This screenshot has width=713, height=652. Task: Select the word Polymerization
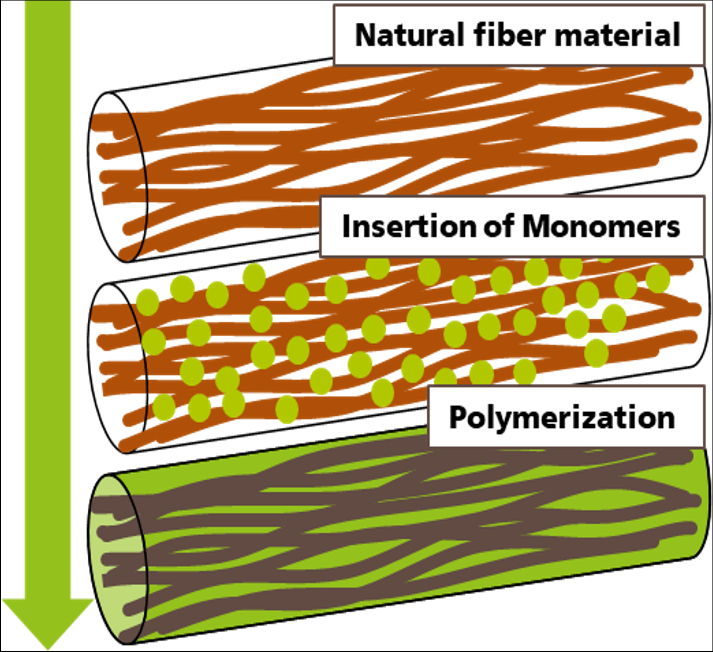tap(562, 417)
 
